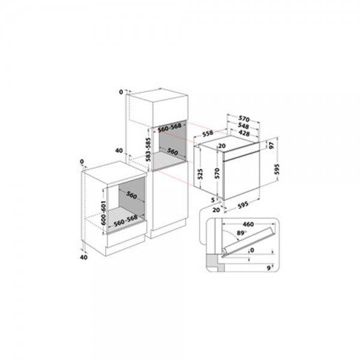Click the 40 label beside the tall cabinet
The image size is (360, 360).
click(x=119, y=151)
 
